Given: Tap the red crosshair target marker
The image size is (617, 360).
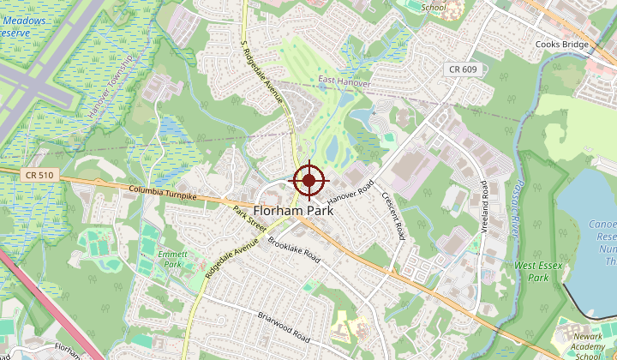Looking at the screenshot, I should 309,181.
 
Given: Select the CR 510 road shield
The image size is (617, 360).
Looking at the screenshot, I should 39,175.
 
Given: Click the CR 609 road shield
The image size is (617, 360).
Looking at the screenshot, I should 462,69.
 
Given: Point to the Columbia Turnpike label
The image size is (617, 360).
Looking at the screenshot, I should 164,192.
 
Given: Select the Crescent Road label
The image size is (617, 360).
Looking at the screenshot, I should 393,215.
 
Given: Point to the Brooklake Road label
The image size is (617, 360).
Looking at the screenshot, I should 294,249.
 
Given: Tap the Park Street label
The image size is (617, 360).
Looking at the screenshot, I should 249,218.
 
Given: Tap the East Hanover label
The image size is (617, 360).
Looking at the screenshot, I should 344,82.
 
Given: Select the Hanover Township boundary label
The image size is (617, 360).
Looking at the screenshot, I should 111,86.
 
